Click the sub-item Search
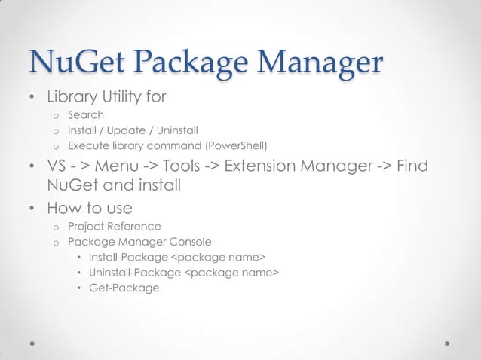point(86,115)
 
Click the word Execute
point(89,145)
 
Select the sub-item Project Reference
point(114,226)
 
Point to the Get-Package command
point(124,287)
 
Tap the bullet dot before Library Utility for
point(32,99)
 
